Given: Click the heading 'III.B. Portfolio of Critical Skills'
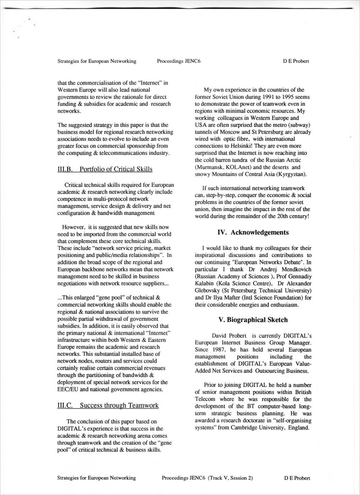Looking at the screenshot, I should [x=105, y=169].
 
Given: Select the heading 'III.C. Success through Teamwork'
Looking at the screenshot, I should [x=108, y=405].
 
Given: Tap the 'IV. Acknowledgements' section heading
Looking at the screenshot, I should [x=253, y=232].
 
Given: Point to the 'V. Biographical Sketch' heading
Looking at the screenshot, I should [x=253, y=320].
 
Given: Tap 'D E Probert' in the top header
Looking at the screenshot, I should [x=296, y=61].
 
